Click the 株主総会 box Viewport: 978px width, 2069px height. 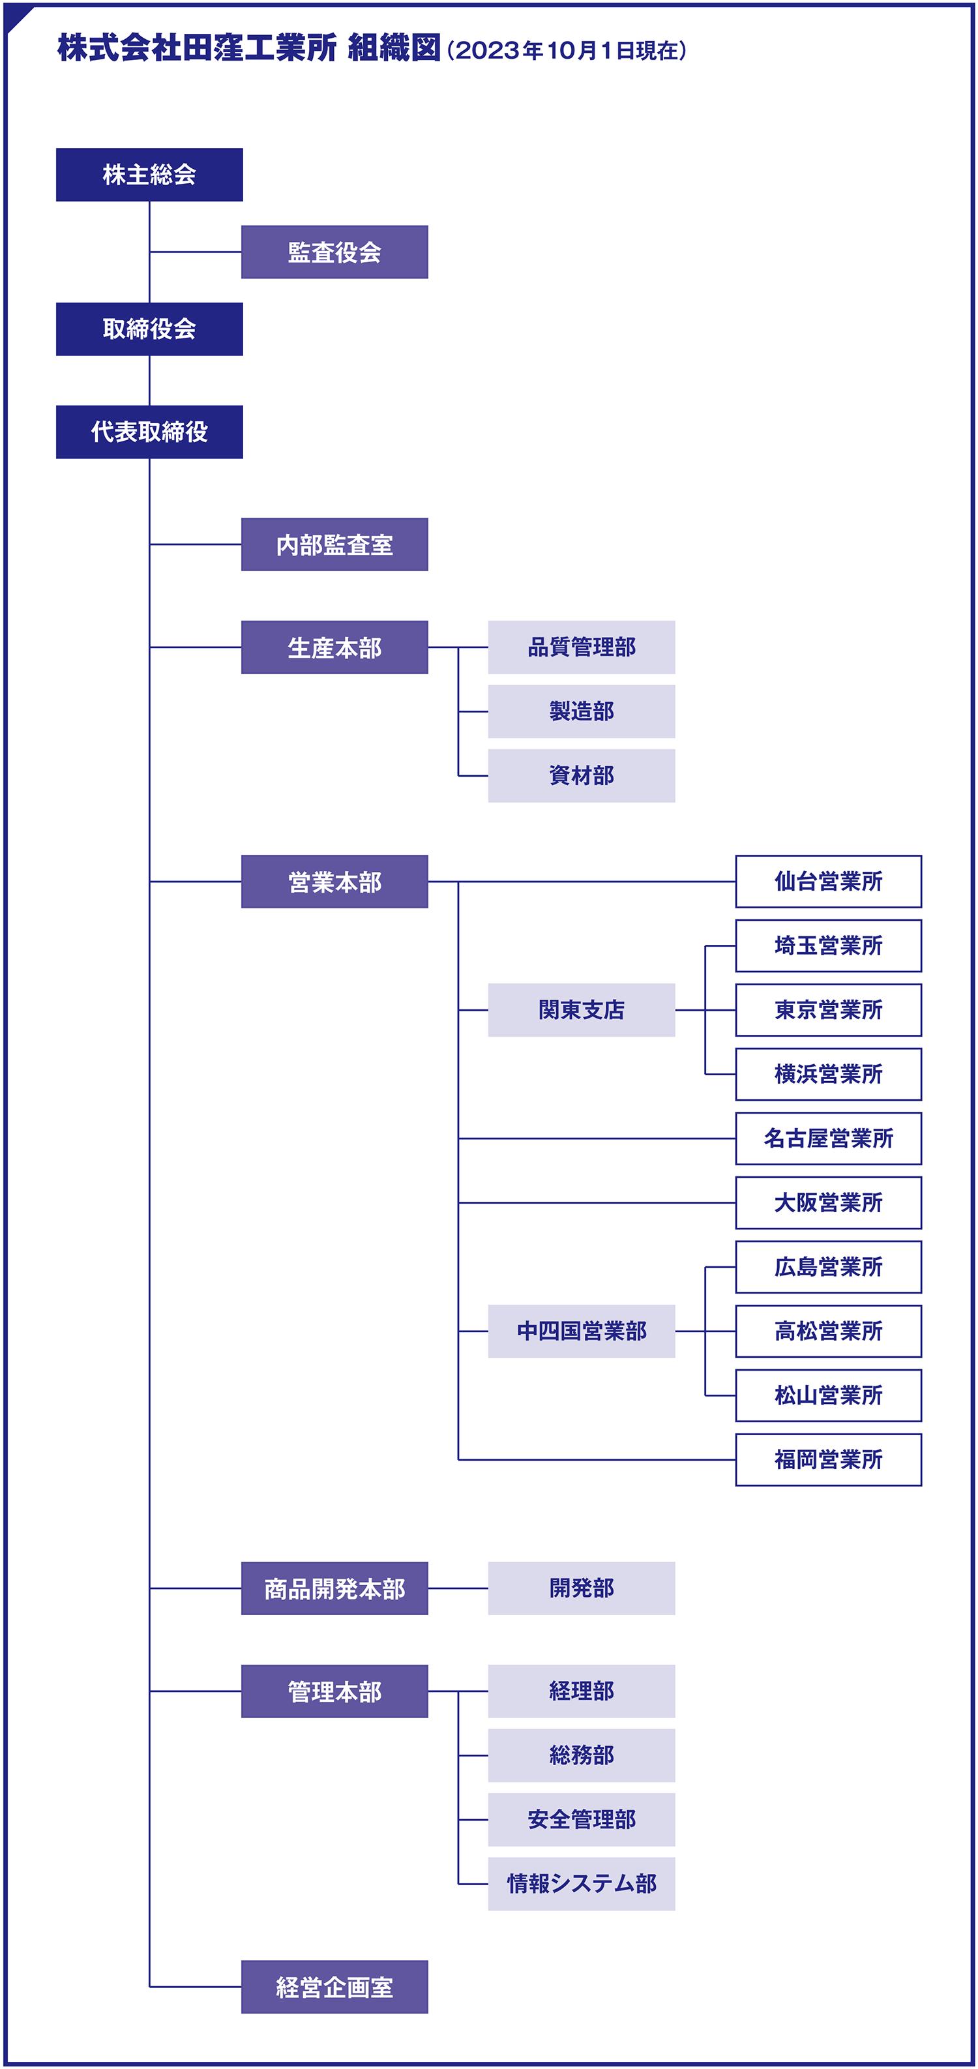click(x=149, y=174)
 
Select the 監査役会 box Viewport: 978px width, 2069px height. click(x=335, y=252)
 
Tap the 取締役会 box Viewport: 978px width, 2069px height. click(x=149, y=329)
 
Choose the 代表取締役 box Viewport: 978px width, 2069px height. click(x=149, y=432)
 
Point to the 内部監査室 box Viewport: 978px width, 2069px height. click(x=335, y=544)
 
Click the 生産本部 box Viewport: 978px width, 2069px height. click(x=335, y=647)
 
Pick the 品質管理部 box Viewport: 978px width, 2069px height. click(x=582, y=647)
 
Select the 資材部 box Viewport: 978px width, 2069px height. click(x=582, y=776)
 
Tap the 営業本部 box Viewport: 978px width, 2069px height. click(x=335, y=882)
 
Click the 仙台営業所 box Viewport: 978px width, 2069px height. click(x=829, y=882)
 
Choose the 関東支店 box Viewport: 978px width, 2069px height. click(x=582, y=1011)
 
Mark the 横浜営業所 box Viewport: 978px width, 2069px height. click(x=829, y=1075)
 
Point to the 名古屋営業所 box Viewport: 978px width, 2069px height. click(x=829, y=1139)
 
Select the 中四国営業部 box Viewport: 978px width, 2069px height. click(x=582, y=1332)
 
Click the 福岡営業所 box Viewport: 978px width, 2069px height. click(x=829, y=1460)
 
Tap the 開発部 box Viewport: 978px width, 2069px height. click(x=582, y=1588)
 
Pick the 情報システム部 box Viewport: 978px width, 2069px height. click(x=582, y=1884)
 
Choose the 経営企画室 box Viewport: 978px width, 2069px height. click(x=335, y=1987)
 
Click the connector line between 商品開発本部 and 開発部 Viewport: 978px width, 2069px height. click(x=458, y=1588)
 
